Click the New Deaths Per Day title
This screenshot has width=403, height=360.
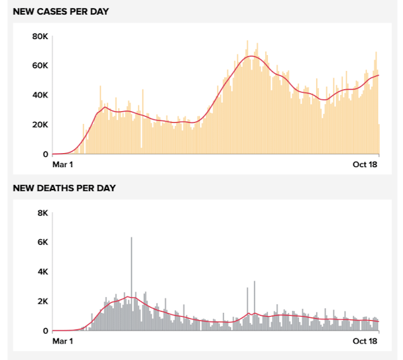(64, 188)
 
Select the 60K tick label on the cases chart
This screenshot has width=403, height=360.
(40, 66)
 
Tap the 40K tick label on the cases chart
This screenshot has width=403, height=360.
(40, 95)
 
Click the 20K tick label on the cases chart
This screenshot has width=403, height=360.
(40, 125)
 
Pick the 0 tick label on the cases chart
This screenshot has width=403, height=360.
(45, 154)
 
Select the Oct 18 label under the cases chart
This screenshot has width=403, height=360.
(365, 165)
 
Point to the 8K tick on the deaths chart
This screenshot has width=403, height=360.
(42, 213)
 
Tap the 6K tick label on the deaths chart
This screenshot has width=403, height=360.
(42, 242)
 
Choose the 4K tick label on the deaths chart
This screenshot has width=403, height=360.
(42, 272)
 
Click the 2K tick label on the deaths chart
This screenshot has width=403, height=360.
(42, 301)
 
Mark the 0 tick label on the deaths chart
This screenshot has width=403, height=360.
(45, 330)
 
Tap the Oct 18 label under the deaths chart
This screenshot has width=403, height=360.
(365, 341)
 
